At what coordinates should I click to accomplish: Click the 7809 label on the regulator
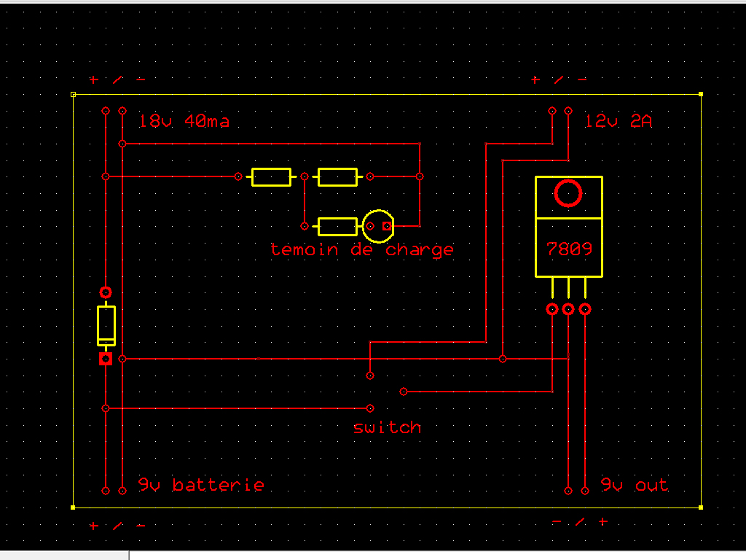569,248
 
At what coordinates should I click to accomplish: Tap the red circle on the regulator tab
568,193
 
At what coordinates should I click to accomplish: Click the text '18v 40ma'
184,121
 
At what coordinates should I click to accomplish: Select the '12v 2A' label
619,121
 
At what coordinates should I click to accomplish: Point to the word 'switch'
387,427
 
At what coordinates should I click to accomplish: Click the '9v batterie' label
201,485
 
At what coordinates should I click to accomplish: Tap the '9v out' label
634,485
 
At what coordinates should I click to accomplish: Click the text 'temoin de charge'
362,249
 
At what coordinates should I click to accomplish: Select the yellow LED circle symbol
378,226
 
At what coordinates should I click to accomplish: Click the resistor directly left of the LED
337,226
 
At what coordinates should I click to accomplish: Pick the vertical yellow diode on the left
106,325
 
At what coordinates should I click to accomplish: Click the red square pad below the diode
106,359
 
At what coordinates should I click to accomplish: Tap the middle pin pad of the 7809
568,309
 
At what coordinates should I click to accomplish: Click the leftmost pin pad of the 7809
551,309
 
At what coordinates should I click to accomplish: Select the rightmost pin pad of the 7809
585,309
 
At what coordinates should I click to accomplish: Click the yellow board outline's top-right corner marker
701,94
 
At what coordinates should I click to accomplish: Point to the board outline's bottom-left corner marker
73,507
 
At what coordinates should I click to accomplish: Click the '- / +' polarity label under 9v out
580,522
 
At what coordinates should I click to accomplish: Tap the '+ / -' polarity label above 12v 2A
559,79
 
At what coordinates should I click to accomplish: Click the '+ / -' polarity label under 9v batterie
117,526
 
